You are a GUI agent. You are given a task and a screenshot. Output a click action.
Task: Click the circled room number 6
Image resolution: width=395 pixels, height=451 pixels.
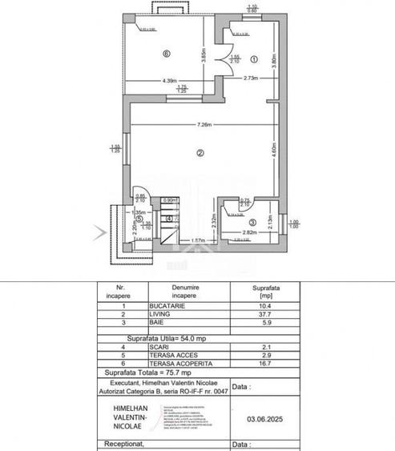[x=166, y=54]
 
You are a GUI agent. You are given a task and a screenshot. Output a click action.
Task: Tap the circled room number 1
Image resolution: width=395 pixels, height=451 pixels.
[x=252, y=58]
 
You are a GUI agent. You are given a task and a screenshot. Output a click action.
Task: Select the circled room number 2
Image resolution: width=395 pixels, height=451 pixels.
[x=200, y=152]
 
